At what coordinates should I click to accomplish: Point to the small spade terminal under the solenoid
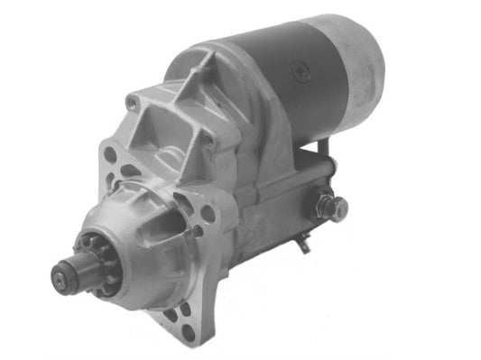pyautogui.click(x=303, y=242)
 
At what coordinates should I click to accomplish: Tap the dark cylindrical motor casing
pyautogui.click(x=289, y=81)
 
